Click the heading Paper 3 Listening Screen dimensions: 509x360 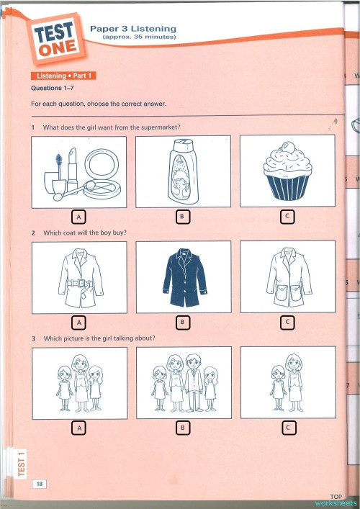click(132, 28)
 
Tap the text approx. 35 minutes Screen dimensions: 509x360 click(135, 37)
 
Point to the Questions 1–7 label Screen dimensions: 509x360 click(55, 89)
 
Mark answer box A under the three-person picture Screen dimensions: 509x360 click(79, 428)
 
